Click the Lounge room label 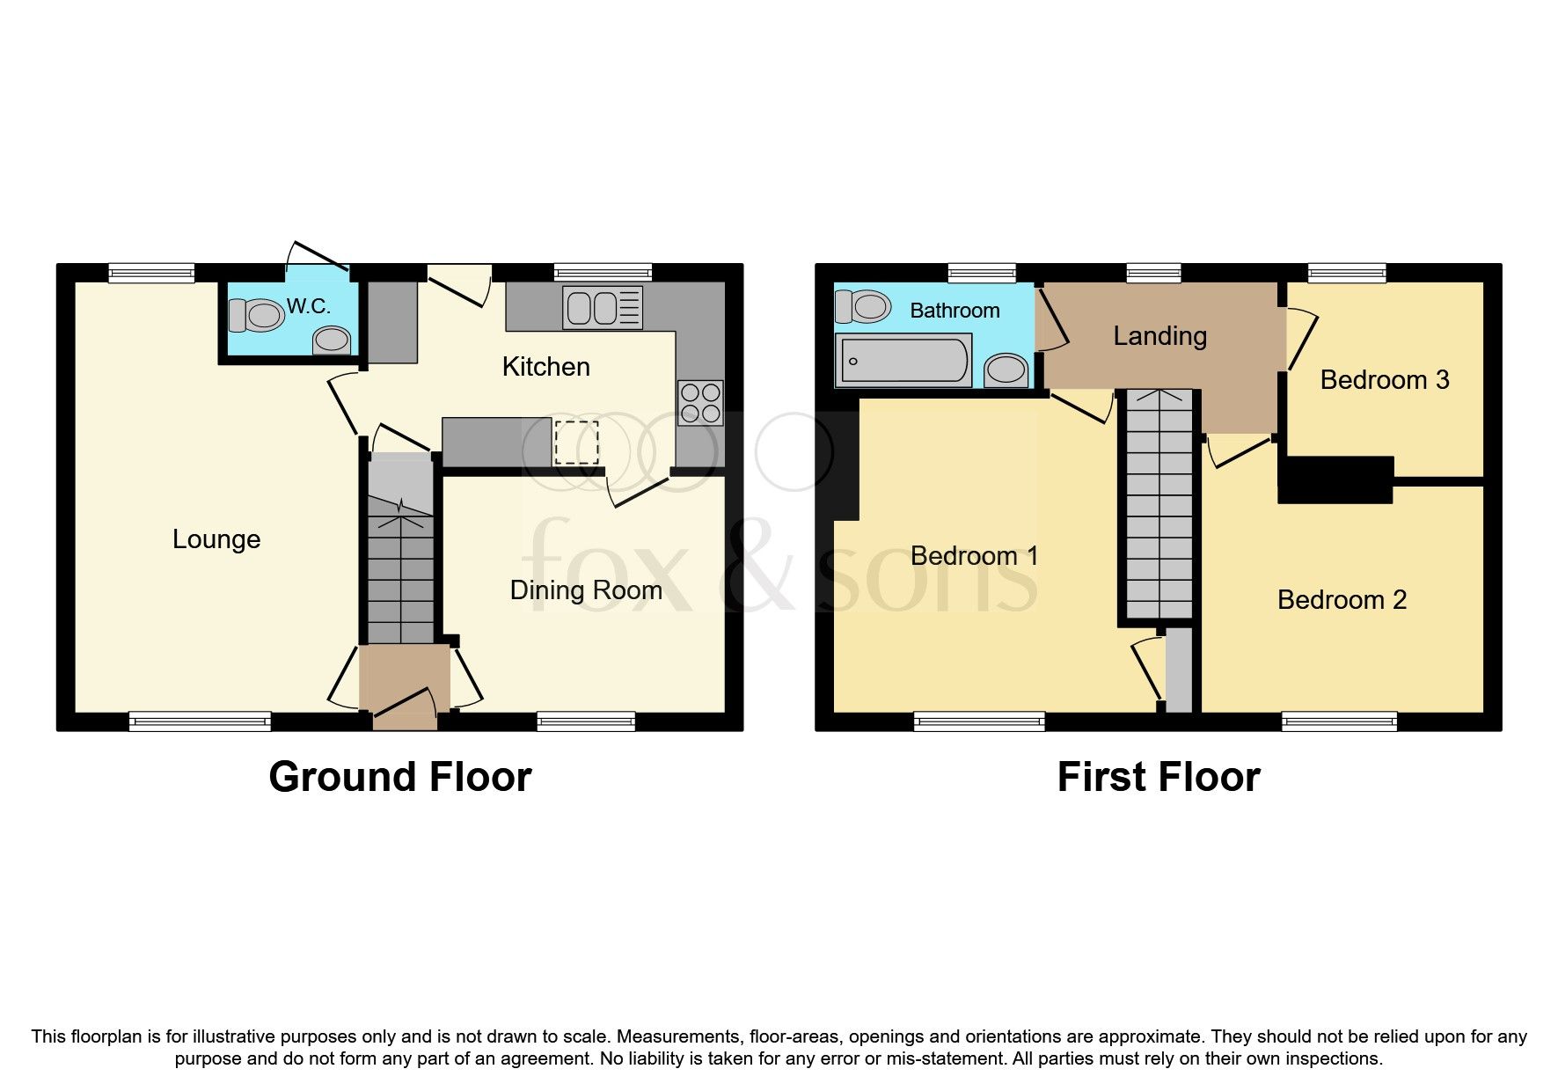(216, 539)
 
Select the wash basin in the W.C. (332, 340)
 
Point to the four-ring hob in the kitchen (700, 402)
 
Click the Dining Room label (586, 589)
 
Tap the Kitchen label (545, 366)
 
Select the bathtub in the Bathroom (904, 360)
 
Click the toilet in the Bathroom (861, 306)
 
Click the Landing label (1159, 335)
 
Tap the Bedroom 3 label (1384, 379)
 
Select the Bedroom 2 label (1342, 600)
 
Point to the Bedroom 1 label (974, 556)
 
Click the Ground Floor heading (399, 777)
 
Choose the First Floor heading (1158, 777)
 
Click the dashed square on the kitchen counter (576, 443)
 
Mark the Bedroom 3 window (1347, 273)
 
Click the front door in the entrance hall (406, 709)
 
